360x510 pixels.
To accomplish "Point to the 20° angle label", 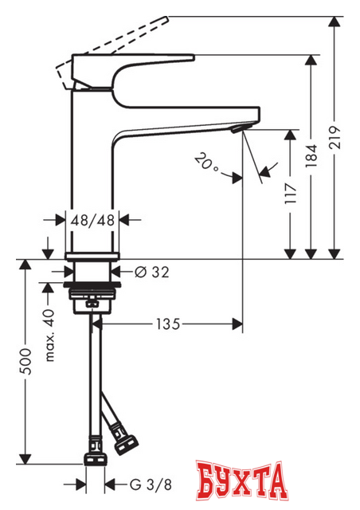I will (205, 163).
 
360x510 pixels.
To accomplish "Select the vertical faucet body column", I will (94, 167).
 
